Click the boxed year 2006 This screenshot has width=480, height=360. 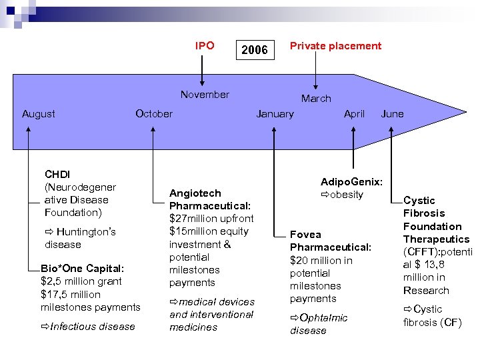254,50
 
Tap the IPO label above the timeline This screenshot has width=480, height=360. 205,46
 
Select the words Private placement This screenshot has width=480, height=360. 335,46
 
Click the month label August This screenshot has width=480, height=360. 39,114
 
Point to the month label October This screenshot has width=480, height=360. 153,114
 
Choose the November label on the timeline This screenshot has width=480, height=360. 205,95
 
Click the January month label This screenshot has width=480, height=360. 275,114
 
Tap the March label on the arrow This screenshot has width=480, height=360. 315,99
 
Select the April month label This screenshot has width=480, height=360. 354,114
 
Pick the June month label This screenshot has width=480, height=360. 392,114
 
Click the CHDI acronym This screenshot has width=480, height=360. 57,175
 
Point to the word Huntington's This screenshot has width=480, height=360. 86,232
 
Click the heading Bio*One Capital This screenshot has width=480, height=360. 82,268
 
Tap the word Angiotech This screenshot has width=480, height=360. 195,193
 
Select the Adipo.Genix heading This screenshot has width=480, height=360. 351,182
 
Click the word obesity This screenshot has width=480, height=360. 347,195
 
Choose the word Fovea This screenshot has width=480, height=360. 305,235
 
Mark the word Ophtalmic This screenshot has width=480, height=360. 323,318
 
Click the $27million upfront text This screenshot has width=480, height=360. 211,219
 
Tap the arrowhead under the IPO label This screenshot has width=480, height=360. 204,79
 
